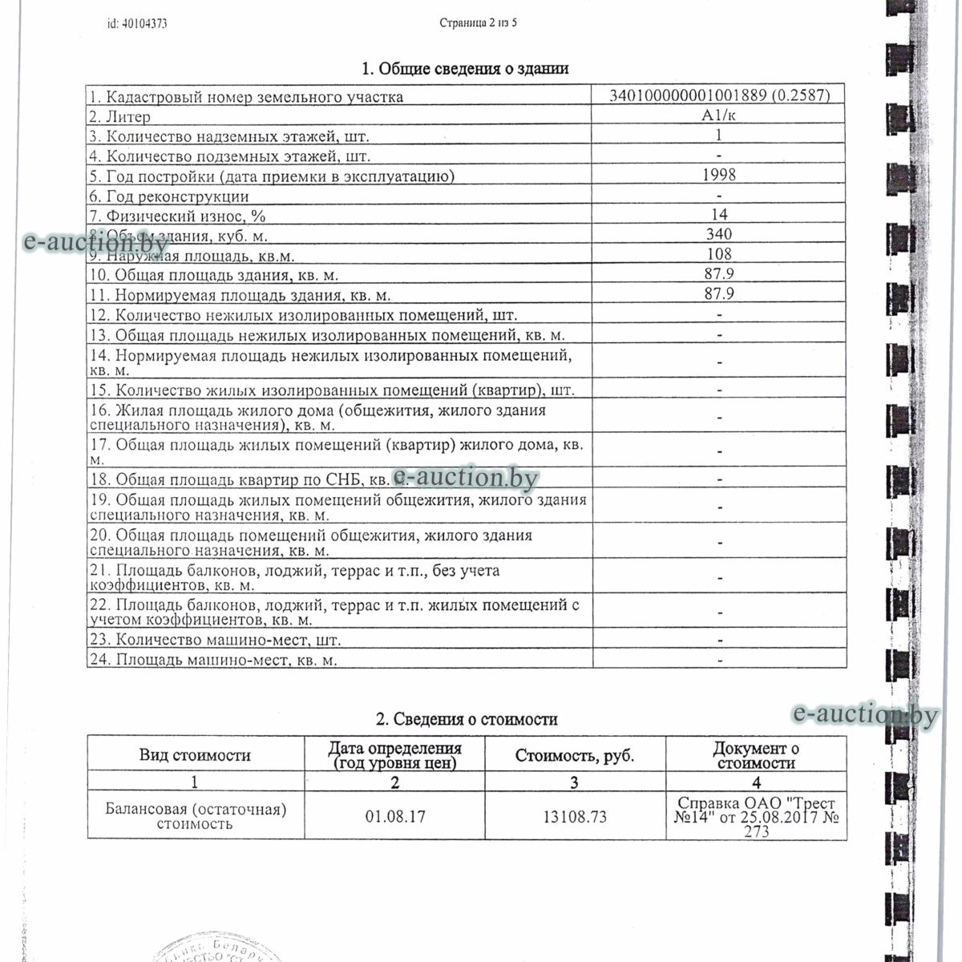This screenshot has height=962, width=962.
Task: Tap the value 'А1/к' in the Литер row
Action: pyautogui.click(x=719, y=115)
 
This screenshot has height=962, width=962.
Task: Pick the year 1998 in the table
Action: pyautogui.click(x=719, y=175)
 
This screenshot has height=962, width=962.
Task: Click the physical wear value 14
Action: pyautogui.click(x=719, y=214)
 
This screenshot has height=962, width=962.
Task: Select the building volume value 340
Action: pyautogui.click(x=719, y=234)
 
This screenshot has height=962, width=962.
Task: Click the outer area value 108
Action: pyautogui.click(x=719, y=254)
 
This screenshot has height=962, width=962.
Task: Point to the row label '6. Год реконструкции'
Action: pyautogui.click(x=169, y=196)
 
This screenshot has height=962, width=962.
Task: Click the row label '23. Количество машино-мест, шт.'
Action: pyautogui.click(x=215, y=640)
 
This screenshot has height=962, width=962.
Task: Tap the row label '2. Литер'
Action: pyautogui.click(x=120, y=117)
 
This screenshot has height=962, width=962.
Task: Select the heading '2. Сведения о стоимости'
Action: pyautogui.click(x=467, y=719)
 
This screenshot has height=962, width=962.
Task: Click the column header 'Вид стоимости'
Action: pyautogui.click(x=195, y=755)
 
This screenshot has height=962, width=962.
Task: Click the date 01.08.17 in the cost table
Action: pyautogui.click(x=395, y=817)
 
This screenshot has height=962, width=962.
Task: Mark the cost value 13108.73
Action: pyautogui.click(x=574, y=817)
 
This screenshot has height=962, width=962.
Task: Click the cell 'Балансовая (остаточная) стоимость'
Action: pyautogui.click(x=196, y=816)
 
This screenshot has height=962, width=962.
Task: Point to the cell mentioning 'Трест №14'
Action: pyautogui.click(x=756, y=816)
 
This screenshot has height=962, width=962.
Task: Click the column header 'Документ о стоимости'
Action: pyautogui.click(x=756, y=755)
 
